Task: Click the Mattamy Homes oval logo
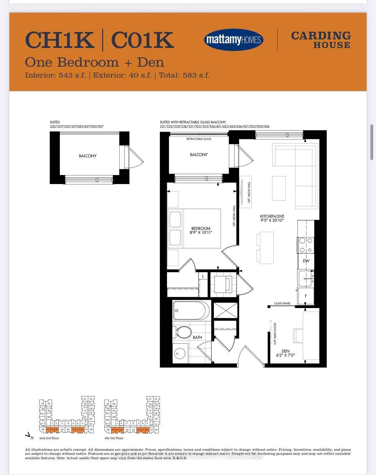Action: [x=234, y=40]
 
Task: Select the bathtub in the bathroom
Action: [x=191, y=311]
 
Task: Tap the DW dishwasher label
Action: [x=306, y=261]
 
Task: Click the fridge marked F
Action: [x=306, y=296]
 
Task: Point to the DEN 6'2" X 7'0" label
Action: [x=285, y=353]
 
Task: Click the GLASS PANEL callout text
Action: [x=282, y=303]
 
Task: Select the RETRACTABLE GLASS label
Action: [x=199, y=139]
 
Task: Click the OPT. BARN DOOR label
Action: [x=275, y=333]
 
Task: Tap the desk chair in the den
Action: [x=298, y=336]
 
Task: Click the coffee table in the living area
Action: [x=279, y=188]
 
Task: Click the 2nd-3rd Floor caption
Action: [x=49, y=438]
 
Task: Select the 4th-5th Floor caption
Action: [x=114, y=438]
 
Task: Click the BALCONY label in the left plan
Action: [x=88, y=156]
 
